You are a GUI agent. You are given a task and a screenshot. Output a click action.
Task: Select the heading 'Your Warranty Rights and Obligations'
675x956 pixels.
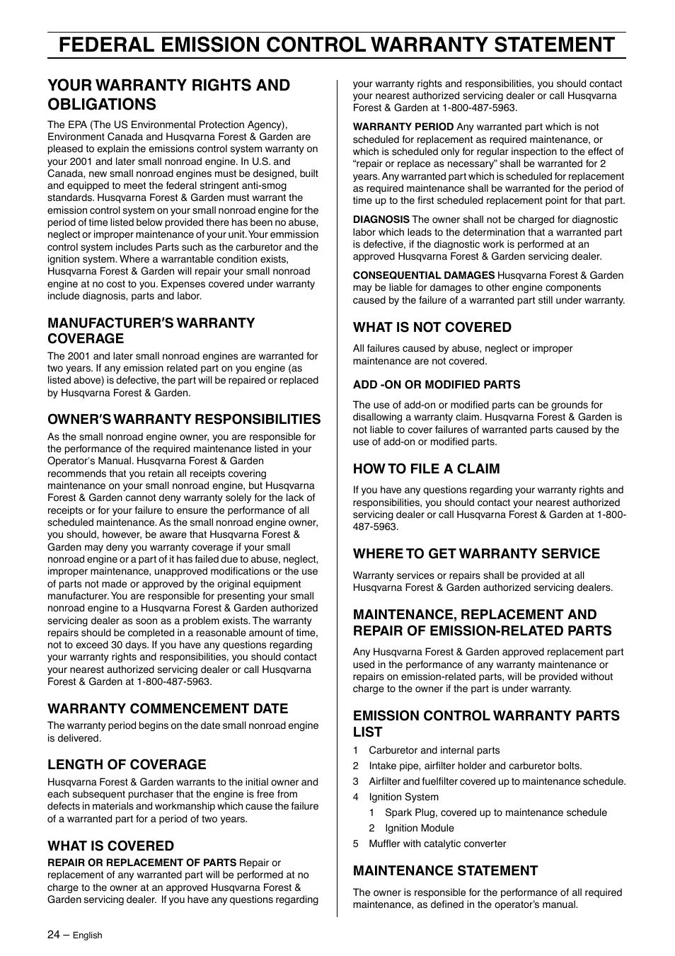pos(168,95)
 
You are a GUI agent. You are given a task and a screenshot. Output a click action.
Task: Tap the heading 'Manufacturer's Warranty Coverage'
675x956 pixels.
pos(151,330)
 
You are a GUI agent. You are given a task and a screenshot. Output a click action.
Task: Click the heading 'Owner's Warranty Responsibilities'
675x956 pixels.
pos(184,419)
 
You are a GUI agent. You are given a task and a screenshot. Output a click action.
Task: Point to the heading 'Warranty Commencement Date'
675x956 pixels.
pos(168,708)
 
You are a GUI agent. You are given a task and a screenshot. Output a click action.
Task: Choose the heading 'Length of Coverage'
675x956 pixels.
pos(127,764)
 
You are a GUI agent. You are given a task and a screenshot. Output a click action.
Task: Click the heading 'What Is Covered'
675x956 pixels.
pos(110,846)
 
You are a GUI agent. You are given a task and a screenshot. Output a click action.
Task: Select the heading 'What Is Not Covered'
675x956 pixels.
pos(432,327)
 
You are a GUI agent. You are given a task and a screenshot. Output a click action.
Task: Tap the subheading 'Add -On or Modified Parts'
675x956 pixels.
pos(437,385)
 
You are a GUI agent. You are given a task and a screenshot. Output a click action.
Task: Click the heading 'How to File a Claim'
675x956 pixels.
pos(426,468)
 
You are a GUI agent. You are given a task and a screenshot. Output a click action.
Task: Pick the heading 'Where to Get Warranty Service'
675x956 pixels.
pos(476,553)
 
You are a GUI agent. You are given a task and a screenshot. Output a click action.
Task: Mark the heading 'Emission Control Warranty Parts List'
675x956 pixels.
pos(486,723)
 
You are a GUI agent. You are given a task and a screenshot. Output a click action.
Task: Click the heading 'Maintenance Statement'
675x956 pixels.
pos(445,870)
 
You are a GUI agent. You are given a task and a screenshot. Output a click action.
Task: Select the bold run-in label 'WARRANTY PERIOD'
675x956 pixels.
pos(403,127)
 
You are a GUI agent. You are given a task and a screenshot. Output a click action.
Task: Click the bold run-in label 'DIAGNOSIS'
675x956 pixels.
pos(381,220)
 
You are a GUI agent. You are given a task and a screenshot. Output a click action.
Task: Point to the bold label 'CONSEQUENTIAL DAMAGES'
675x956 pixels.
pos(424,275)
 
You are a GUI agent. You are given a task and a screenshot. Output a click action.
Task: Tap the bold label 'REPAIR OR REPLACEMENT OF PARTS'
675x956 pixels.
pos(142,863)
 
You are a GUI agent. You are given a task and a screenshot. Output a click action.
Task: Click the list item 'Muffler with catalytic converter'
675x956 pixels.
pos(437,843)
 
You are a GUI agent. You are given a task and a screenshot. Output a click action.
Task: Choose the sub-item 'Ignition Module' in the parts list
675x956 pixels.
pos(419,828)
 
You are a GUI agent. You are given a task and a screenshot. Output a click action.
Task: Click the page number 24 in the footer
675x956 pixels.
pos(53,934)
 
